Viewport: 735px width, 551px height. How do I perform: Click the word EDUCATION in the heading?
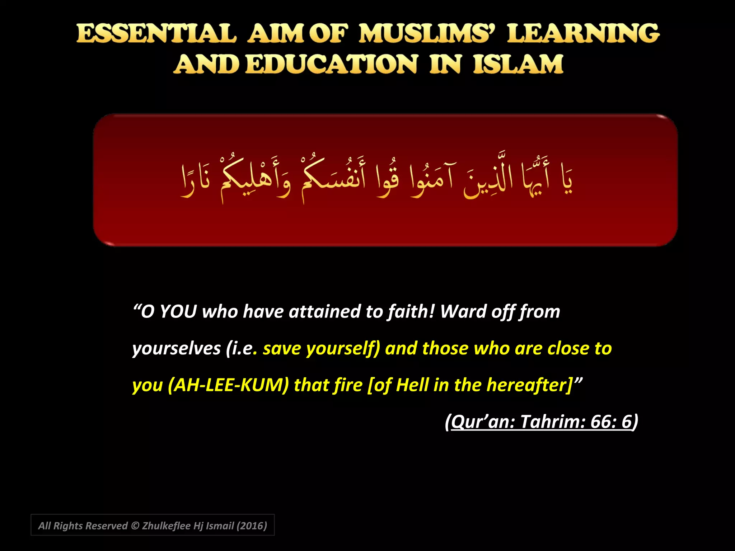point(332,65)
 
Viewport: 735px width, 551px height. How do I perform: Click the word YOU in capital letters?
point(178,311)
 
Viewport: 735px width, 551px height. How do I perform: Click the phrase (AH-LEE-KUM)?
point(228,385)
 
